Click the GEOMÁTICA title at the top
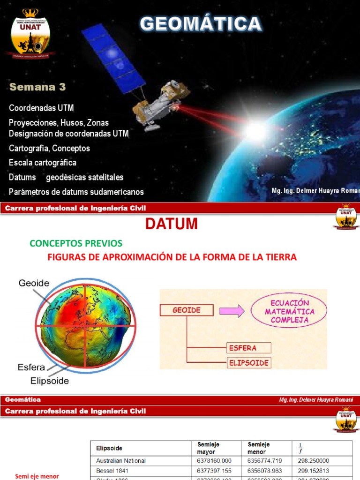point(201,23)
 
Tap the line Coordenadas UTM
point(42,108)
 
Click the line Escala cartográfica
point(43,163)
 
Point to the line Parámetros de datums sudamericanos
point(76,192)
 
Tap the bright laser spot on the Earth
point(255,131)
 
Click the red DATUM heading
point(171,225)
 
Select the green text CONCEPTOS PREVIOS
point(75,243)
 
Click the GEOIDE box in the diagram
point(187,310)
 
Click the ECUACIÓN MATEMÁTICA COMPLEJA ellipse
point(289,311)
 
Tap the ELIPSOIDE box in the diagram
point(248,363)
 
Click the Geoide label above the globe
point(34,283)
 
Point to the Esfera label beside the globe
point(32,367)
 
